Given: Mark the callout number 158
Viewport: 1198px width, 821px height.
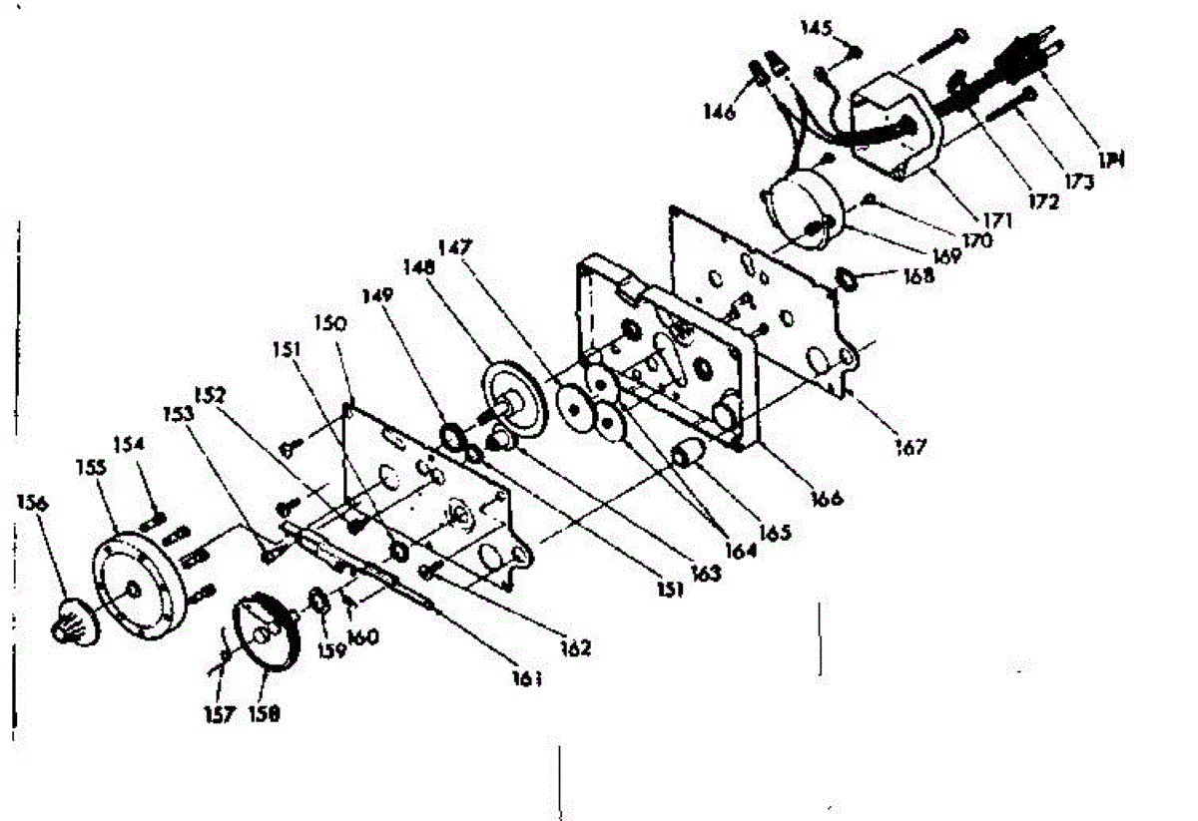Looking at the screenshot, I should (266, 714).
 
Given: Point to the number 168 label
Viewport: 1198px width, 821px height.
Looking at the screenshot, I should (914, 275).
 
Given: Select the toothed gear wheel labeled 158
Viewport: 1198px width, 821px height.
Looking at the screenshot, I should (267, 638).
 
